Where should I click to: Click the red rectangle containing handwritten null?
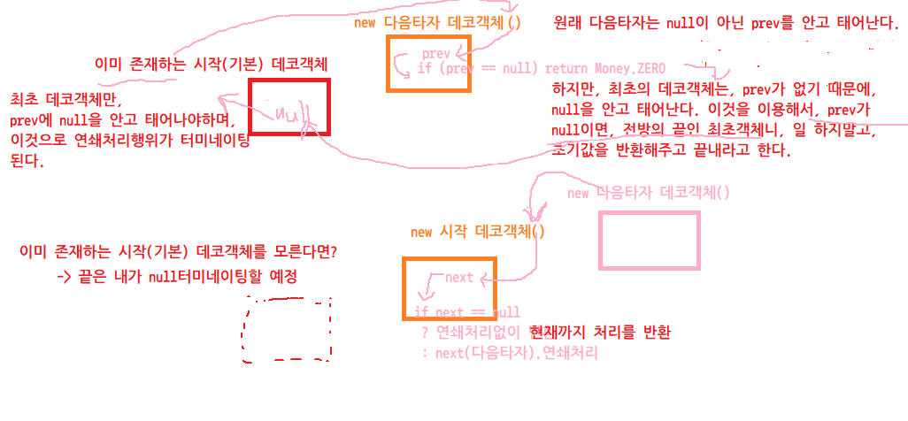[289, 107]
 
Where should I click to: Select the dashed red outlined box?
[287, 328]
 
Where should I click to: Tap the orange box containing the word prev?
[429, 63]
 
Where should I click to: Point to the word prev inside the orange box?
[436, 54]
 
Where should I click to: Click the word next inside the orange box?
[459, 278]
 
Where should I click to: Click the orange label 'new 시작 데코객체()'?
[478, 232]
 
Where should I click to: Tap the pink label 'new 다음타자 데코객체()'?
[648, 193]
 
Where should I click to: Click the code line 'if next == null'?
[467, 312]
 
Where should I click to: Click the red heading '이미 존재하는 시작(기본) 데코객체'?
[211, 65]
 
